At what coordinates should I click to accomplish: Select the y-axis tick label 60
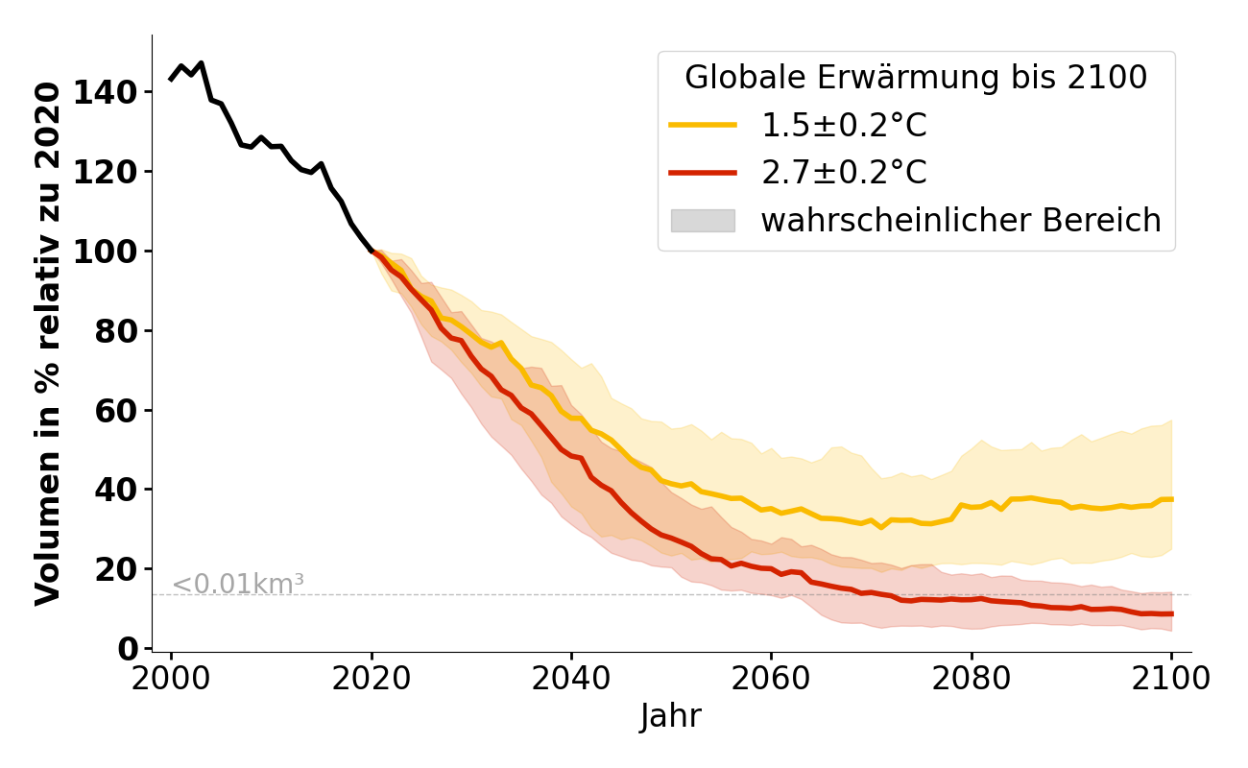point(123,410)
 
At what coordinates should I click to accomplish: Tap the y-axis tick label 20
point(123,569)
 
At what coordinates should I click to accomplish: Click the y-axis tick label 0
point(131,649)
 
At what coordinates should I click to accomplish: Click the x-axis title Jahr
point(671,716)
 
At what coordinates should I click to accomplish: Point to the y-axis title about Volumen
point(49,343)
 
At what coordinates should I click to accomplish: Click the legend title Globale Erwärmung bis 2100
point(916,78)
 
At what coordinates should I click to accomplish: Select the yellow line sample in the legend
point(703,125)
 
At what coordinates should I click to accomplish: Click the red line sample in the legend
point(703,173)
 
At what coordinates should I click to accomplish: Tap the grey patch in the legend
point(703,221)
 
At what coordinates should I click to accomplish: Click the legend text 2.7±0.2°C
point(844,173)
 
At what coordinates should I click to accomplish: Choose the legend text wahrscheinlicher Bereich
point(961,221)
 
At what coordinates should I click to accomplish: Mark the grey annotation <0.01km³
point(238,584)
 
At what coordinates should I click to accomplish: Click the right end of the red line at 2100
point(1171,613)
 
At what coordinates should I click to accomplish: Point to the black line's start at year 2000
point(172,79)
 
